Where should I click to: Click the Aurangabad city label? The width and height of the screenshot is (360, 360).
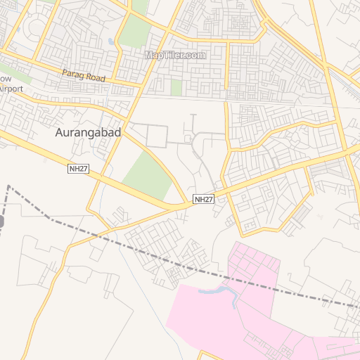[88, 132]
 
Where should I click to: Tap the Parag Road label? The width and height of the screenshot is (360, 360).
[83, 75]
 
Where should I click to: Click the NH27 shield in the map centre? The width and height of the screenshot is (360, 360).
[203, 200]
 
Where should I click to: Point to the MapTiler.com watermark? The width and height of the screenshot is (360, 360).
[175, 55]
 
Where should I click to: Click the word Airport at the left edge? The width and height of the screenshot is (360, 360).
[11, 89]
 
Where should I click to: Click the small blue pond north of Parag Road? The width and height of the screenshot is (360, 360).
[111, 41]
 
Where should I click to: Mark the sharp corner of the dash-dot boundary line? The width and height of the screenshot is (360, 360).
[8, 186]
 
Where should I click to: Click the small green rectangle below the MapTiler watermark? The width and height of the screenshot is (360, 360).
[176, 87]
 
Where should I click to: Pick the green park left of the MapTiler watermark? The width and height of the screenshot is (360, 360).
[133, 32]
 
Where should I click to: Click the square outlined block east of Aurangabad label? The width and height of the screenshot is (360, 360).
[157, 135]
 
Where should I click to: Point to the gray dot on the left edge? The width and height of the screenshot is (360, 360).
[1, 222]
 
